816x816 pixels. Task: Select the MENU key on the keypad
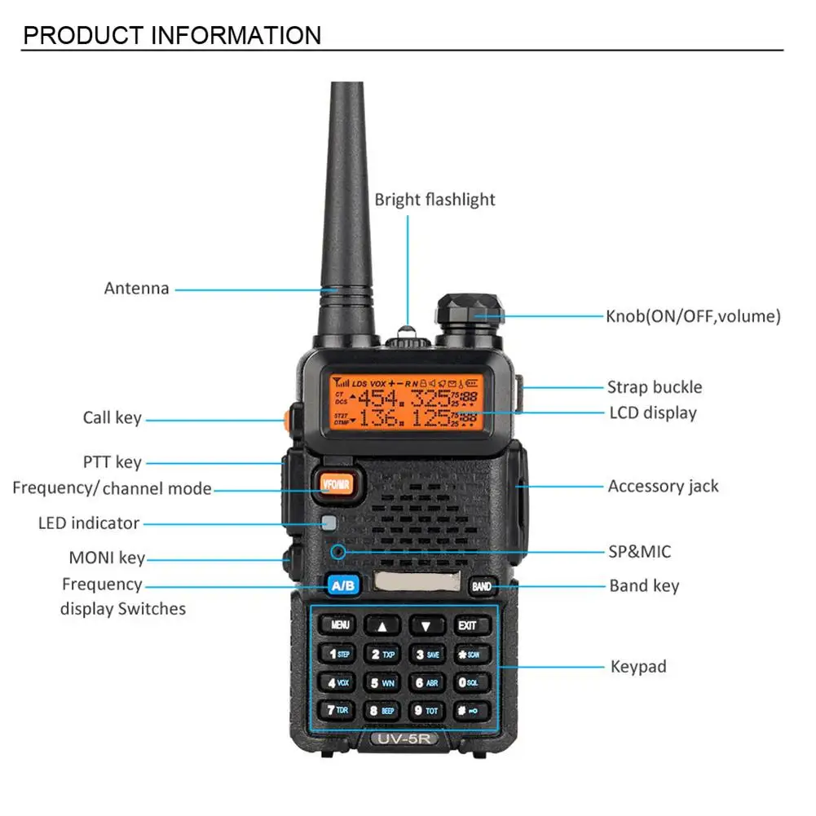pos(338,625)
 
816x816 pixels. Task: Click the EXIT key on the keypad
pos(467,625)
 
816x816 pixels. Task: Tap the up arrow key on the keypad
pos(382,626)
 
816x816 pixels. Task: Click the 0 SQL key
pos(468,682)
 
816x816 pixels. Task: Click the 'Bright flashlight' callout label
pos(434,200)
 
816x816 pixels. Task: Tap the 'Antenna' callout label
pos(137,289)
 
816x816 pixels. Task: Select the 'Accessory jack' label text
pos(663,487)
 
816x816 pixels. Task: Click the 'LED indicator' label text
pos(89,523)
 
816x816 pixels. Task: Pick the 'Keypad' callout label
pos(638,667)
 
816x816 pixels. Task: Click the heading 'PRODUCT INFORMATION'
pos(171,36)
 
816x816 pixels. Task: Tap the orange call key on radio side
pos(288,421)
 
